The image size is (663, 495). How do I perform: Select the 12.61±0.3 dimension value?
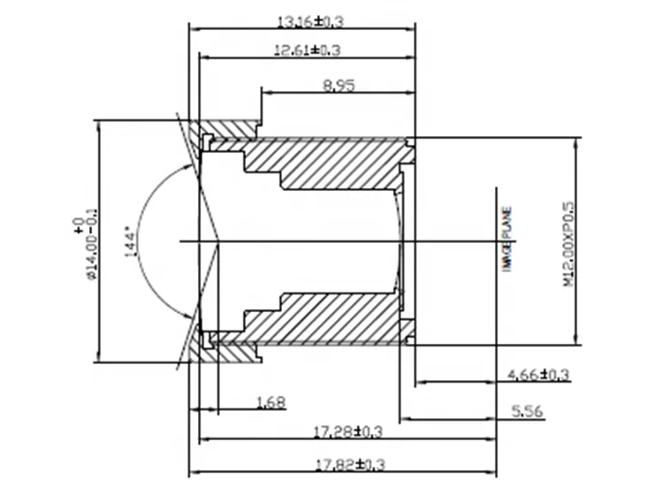click(307, 50)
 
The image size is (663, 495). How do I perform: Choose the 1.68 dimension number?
click(270, 402)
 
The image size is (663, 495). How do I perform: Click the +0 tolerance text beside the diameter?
click(78, 225)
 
